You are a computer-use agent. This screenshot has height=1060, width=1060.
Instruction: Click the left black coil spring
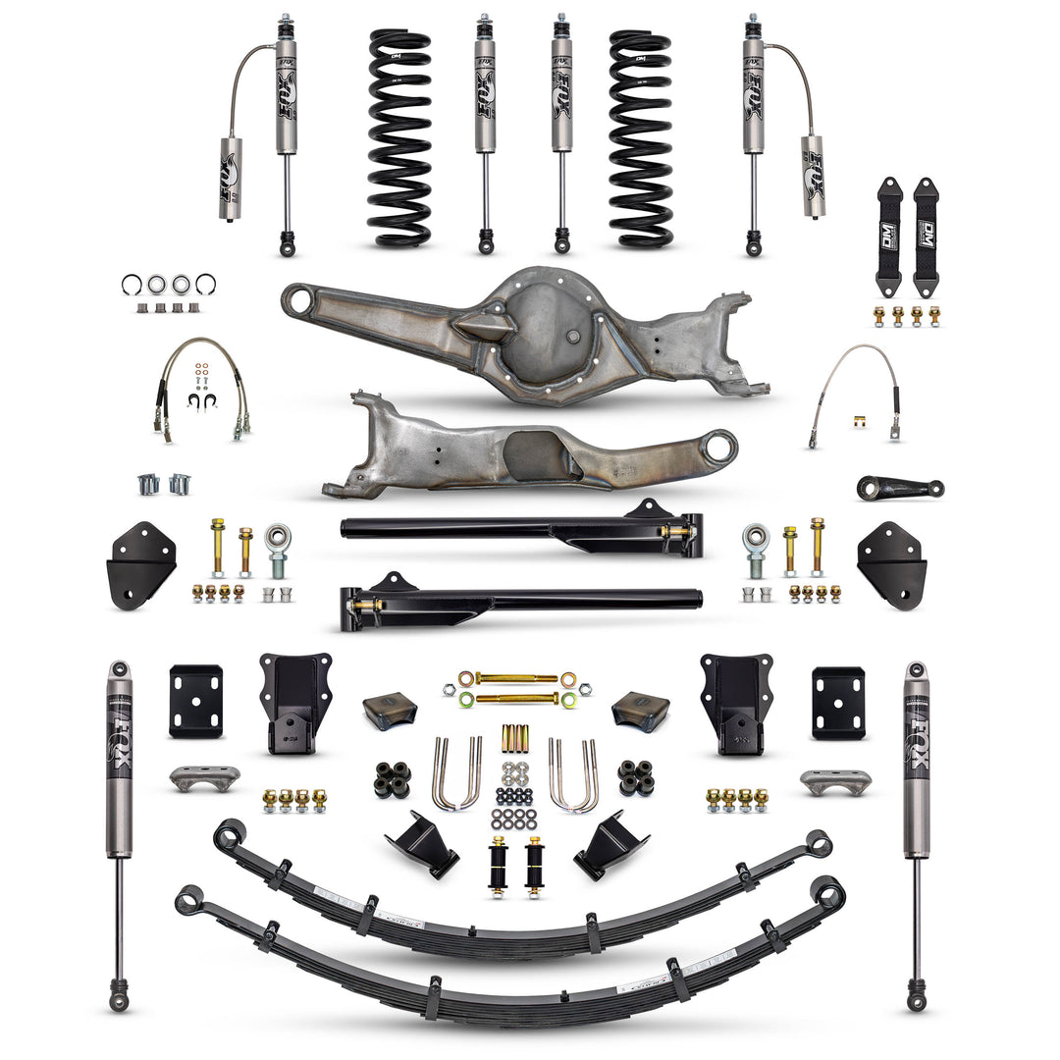pyautogui.click(x=399, y=137)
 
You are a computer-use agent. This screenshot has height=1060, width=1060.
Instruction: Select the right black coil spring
pyautogui.click(x=640, y=137)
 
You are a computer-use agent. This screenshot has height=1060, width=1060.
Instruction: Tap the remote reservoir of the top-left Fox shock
pyautogui.click(x=231, y=179)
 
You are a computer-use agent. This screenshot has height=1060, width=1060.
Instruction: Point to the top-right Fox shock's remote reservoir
pyautogui.click(x=813, y=177)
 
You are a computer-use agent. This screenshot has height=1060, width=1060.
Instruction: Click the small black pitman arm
pyautogui.click(x=898, y=487)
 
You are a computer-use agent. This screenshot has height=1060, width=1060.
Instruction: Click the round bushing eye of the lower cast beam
pyautogui.click(x=722, y=447)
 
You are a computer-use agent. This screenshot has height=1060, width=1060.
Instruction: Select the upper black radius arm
pyautogui.click(x=520, y=528)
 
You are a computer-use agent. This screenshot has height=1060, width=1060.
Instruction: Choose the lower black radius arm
pyautogui.click(x=520, y=599)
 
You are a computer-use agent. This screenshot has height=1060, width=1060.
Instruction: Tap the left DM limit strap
pyautogui.click(x=889, y=236)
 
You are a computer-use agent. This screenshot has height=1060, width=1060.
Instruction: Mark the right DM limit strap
pyautogui.click(x=926, y=236)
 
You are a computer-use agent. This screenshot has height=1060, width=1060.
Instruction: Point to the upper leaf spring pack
pyautogui.click(x=520, y=908)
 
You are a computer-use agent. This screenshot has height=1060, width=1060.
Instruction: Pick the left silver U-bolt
pyautogui.click(x=456, y=775)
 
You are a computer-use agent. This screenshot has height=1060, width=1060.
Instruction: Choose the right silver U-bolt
pyautogui.click(x=574, y=775)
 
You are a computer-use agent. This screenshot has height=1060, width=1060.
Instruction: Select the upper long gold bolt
pyautogui.click(x=517, y=678)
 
